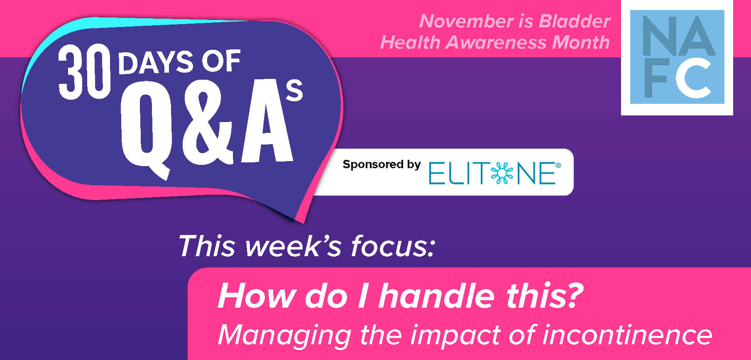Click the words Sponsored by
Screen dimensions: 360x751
382,165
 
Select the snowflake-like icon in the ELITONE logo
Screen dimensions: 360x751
502,173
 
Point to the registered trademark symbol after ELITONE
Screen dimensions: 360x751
558,166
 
